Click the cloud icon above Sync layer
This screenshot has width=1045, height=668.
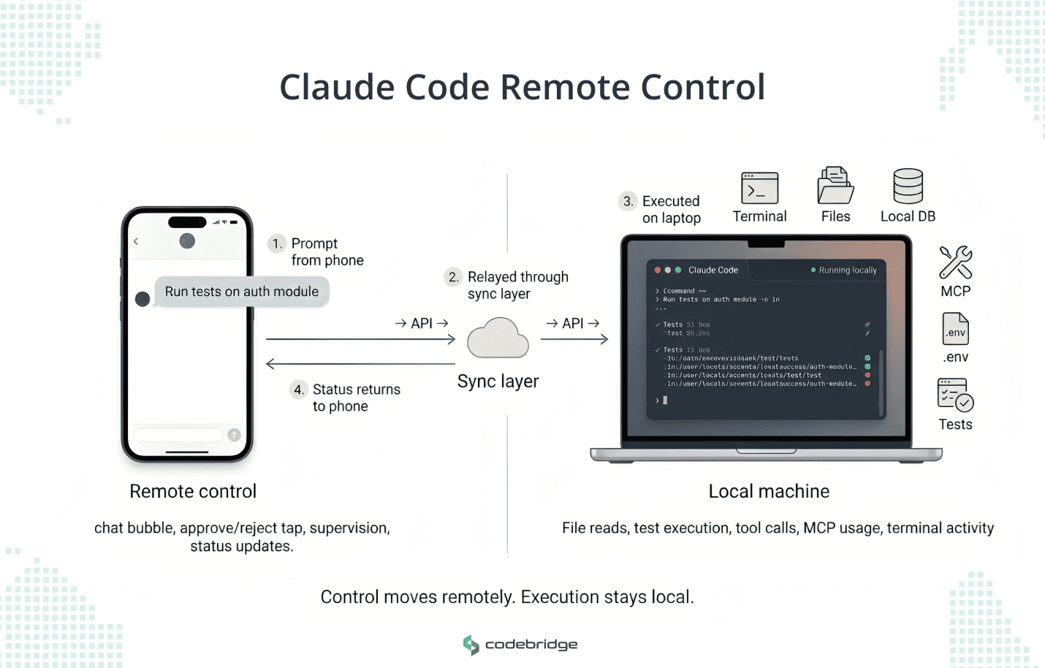(x=498, y=338)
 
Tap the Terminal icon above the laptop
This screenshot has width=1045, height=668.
(x=759, y=188)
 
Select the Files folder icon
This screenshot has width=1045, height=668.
(x=835, y=186)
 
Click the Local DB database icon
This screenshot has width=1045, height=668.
(x=908, y=186)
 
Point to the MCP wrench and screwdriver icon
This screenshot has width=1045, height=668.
(x=955, y=262)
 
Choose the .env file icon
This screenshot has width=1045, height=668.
(x=955, y=329)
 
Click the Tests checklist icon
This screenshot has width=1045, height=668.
(x=954, y=395)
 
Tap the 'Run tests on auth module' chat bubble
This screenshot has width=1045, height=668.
(x=241, y=292)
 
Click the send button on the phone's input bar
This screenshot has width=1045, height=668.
(x=234, y=435)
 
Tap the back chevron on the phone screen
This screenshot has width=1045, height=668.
(x=136, y=241)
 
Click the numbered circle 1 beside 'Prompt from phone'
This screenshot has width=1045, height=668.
(x=277, y=244)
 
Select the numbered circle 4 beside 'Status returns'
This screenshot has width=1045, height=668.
(x=298, y=390)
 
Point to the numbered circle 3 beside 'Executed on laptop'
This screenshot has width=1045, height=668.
(x=628, y=201)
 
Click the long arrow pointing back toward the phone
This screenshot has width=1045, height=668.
(x=360, y=364)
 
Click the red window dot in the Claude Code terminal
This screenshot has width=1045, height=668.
(x=658, y=270)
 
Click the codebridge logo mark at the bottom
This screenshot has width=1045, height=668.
(x=471, y=645)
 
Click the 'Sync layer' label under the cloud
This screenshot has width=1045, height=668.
(x=498, y=382)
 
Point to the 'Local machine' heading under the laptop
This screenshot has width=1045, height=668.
(x=769, y=491)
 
